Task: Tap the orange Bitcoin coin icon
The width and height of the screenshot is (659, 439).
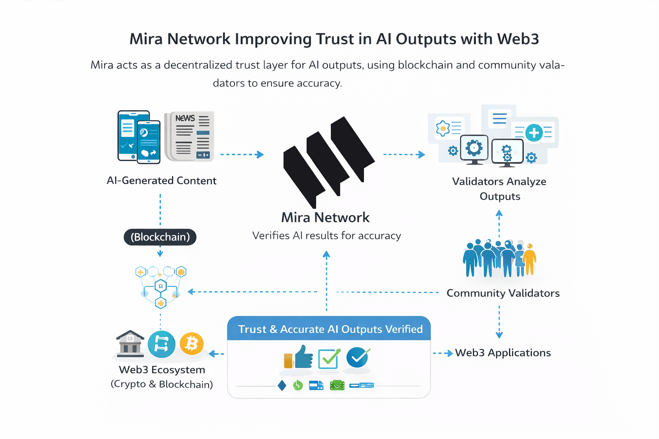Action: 191,343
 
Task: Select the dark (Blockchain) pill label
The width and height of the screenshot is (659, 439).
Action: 160,237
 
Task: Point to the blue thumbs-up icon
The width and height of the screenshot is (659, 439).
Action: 303,357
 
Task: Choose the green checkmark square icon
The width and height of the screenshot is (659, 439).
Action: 329,358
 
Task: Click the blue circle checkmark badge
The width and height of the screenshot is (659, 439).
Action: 358,357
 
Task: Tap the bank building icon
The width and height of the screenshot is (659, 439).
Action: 130,344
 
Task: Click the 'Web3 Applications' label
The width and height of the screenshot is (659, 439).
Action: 503,353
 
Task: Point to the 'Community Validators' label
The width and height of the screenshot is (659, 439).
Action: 503,293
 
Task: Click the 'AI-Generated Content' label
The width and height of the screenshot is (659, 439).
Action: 161,180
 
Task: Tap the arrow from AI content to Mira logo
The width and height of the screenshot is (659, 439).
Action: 242,154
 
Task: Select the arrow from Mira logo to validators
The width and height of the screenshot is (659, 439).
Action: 404,154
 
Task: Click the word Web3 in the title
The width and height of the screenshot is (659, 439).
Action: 518,39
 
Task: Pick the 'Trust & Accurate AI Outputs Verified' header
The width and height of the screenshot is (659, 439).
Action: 330,329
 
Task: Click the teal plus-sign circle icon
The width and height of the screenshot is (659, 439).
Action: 534,133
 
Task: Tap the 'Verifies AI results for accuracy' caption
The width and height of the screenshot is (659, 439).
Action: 326,236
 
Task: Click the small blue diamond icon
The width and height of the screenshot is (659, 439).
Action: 282,385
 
